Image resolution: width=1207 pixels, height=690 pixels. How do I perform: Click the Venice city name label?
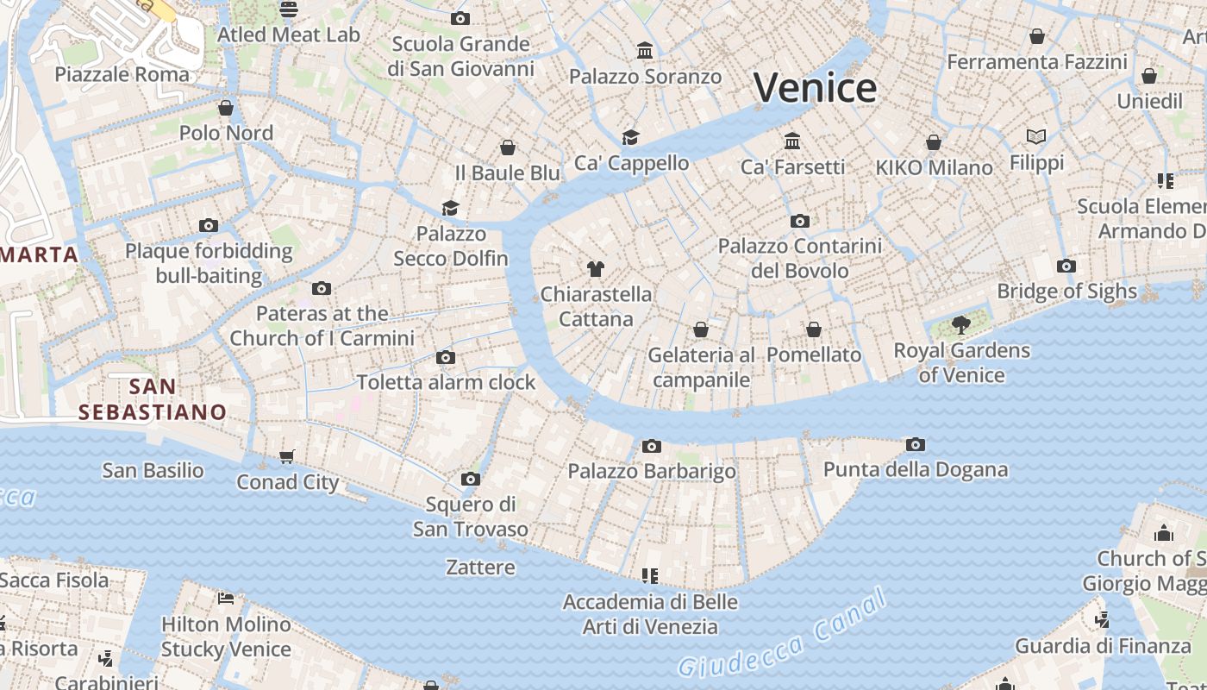[x=815, y=88]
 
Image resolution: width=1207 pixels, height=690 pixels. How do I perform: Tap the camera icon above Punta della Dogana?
[x=916, y=445]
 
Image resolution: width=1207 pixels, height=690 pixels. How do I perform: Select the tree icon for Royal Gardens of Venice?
[x=960, y=325]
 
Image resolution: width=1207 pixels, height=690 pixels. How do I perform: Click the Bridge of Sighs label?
[x=1066, y=292]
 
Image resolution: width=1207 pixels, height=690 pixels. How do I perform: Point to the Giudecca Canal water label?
[x=781, y=632]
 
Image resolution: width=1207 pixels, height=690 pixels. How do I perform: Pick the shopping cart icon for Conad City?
[x=287, y=456]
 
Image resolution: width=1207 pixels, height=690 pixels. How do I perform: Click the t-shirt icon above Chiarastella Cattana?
[x=595, y=268]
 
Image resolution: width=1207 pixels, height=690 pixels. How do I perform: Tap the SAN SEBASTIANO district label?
[x=153, y=399]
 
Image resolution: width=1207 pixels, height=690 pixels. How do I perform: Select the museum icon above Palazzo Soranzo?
[x=645, y=51]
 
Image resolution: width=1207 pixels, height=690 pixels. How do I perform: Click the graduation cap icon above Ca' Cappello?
[x=631, y=137]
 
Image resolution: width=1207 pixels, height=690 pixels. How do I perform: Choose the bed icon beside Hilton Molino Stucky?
[x=226, y=598]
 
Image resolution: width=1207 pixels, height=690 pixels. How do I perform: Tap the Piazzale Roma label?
[x=122, y=74]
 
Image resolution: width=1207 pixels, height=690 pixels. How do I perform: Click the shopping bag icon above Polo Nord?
[x=226, y=108]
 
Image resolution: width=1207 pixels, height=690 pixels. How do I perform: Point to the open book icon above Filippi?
[x=1036, y=136]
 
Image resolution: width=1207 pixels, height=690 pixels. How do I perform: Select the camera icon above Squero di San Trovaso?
[x=470, y=479]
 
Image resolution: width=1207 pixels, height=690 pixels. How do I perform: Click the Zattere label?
[x=480, y=568]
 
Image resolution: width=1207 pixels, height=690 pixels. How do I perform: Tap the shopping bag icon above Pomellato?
[x=813, y=329]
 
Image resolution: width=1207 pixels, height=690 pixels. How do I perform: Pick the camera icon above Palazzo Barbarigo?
[x=652, y=446]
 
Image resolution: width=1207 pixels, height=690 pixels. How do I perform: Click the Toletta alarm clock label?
[x=446, y=382]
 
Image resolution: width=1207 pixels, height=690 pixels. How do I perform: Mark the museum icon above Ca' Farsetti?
[x=792, y=141]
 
